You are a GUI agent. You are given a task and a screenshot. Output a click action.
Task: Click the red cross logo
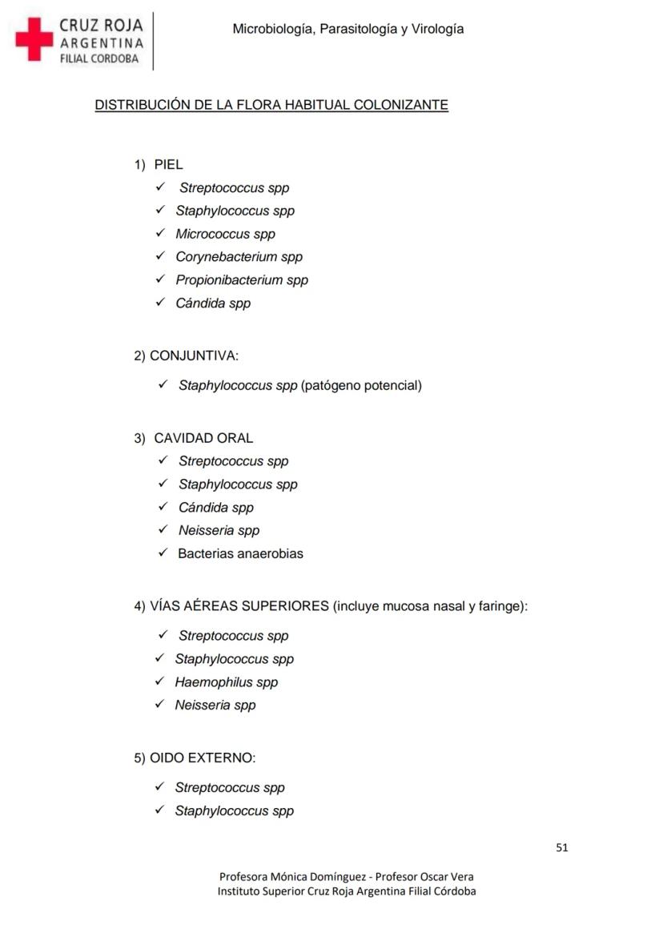pos(34,40)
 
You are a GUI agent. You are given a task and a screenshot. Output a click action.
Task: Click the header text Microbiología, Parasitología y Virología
pos(348,29)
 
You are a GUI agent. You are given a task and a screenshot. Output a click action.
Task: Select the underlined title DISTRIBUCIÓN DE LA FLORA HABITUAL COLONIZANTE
pos(271,105)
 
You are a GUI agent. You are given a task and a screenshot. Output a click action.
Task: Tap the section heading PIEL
pos(168,165)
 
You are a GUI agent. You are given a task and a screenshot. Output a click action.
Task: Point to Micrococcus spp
pos(225,234)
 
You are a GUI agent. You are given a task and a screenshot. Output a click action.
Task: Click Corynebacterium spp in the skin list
pos(239,257)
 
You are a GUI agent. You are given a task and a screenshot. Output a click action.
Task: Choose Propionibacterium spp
pos(242,280)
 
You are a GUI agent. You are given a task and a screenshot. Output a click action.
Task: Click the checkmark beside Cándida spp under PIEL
pos(160,303)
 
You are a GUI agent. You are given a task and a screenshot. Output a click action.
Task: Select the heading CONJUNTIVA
pos(194,356)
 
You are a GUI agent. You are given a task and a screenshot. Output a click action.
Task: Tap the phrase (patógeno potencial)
pos(361,386)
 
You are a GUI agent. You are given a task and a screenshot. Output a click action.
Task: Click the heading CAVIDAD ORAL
pos(203,438)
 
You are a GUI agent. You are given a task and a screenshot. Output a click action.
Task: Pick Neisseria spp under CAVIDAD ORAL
pos(219,530)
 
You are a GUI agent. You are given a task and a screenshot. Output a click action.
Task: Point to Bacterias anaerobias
pos(240,553)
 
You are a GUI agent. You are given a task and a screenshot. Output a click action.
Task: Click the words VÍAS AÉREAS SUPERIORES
pos(239,606)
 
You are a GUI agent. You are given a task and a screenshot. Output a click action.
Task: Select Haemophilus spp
pos(226,682)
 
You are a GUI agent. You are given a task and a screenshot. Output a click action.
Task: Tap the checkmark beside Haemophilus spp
pos(160,682)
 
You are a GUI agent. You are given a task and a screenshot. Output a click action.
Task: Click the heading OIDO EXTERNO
pos(203,758)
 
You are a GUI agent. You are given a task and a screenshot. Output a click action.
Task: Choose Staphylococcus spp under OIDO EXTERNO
pos(234,810)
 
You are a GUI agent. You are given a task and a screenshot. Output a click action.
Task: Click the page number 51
pos(561,847)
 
